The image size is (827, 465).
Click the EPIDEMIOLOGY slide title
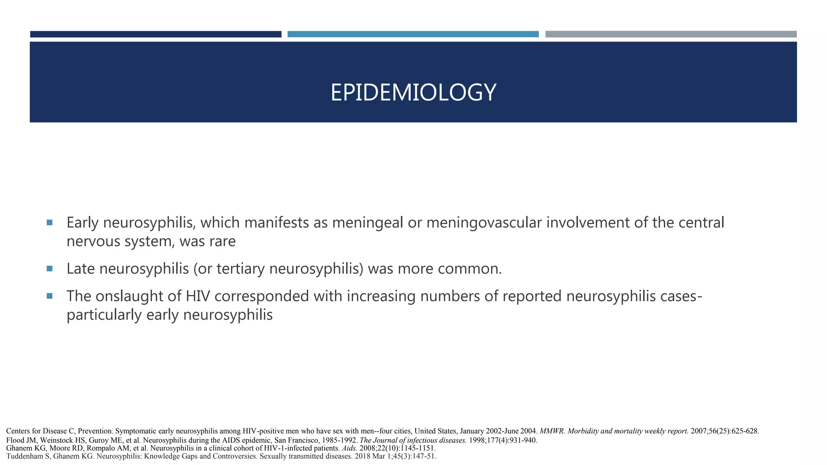coord(413,92)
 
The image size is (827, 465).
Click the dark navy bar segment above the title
coord(155,34)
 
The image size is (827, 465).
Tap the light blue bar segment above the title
coord(413,34)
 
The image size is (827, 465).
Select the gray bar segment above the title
coord(671,34)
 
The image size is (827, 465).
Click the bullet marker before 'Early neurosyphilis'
coord(50,222)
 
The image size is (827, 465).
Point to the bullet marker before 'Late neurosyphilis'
coord(50,268)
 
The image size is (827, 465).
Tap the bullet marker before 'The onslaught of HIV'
coord(50,296)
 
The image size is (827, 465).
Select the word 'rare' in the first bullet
coord(221,241)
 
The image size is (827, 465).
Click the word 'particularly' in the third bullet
coord(104,315)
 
